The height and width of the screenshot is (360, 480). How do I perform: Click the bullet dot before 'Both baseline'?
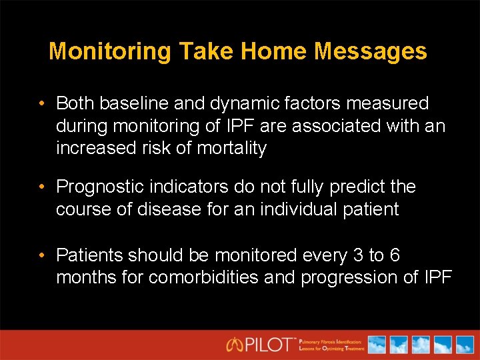point(41,104)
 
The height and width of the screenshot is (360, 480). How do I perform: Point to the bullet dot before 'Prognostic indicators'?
point(41,187)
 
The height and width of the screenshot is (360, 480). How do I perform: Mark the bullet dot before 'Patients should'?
point(41,255)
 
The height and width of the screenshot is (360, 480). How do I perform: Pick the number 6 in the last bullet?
point(413,255)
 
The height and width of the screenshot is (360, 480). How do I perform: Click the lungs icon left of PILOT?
point(235,345)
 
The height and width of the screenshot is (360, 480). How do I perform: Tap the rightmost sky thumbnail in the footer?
point(462,345)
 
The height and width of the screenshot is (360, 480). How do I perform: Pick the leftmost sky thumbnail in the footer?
point(377,345)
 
